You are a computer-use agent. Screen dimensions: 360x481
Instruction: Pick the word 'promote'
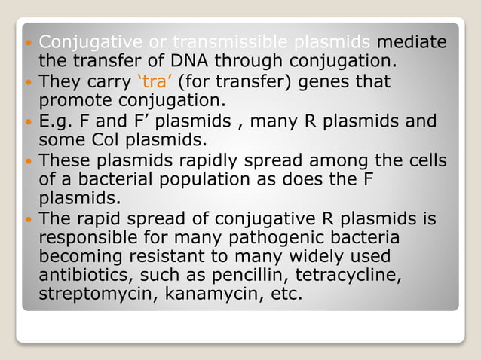(x=72, y=99)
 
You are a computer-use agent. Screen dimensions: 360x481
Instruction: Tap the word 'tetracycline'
(x=353, y=276)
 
